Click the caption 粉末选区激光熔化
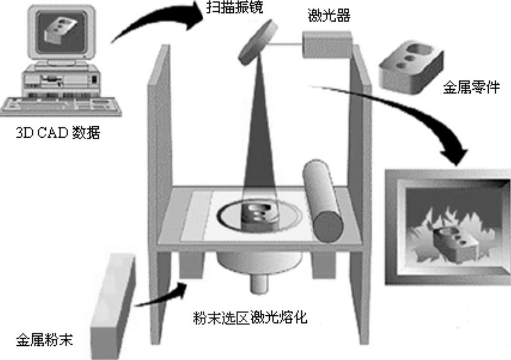click(250, 317)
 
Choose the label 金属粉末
click(45, 339)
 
